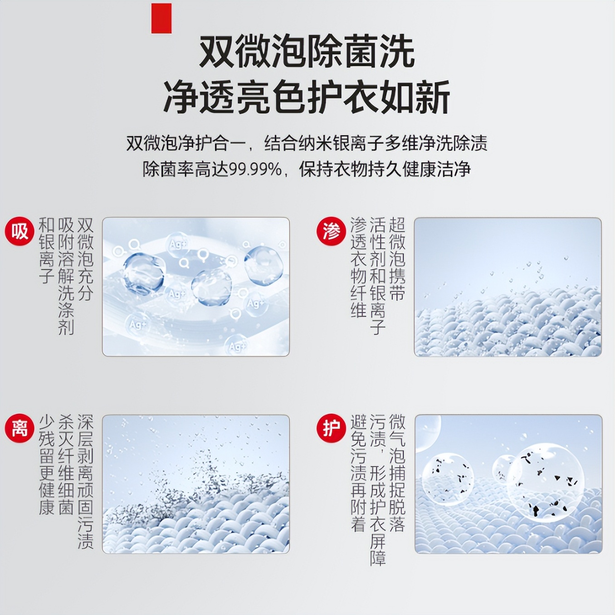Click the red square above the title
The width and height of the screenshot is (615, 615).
pyautogui.click(x=161, y=18)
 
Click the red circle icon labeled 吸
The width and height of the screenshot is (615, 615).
pyautogui.click(x=20, y=231)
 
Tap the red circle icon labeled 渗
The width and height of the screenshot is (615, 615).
pyautogui.click(x=331, y=231)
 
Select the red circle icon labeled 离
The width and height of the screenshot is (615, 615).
pyautogui.click(x=20, y=428)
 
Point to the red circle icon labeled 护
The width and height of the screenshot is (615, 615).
pyautogui.click(x=331, y=428)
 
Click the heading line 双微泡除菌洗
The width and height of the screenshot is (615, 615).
pyautogui.click(x=307, y=52)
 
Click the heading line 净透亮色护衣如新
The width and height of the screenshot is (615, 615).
pyautogui.click(x=307, y=97)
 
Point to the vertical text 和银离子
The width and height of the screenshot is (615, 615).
pyautogui.click(x=46, y=250)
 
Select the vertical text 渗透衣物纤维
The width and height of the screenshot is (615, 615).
pyautogui.click(x=358, y=268)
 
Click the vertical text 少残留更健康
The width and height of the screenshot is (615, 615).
pyautogui.click(x=46, y=464)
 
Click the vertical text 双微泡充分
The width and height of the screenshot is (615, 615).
pyautogui.click(x=85, y=259)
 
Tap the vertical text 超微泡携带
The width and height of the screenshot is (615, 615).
pyautogui.click(x=397, y=259)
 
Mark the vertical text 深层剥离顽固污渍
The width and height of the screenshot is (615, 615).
pyautogui.click(x=85, y=482)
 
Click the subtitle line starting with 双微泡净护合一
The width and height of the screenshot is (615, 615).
pyautogui.click(x=307, y=143)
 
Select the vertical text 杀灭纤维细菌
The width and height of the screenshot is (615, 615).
pyautogui.click(x=66, y=464)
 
